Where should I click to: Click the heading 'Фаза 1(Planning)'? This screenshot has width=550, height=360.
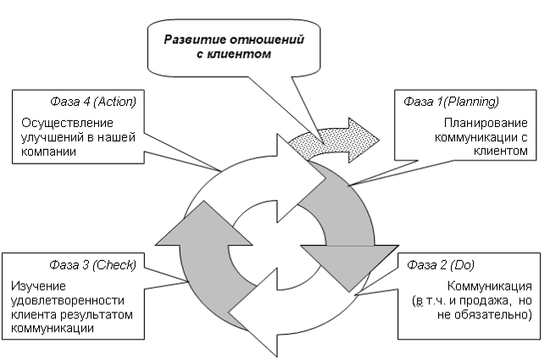tap(450, 101)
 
